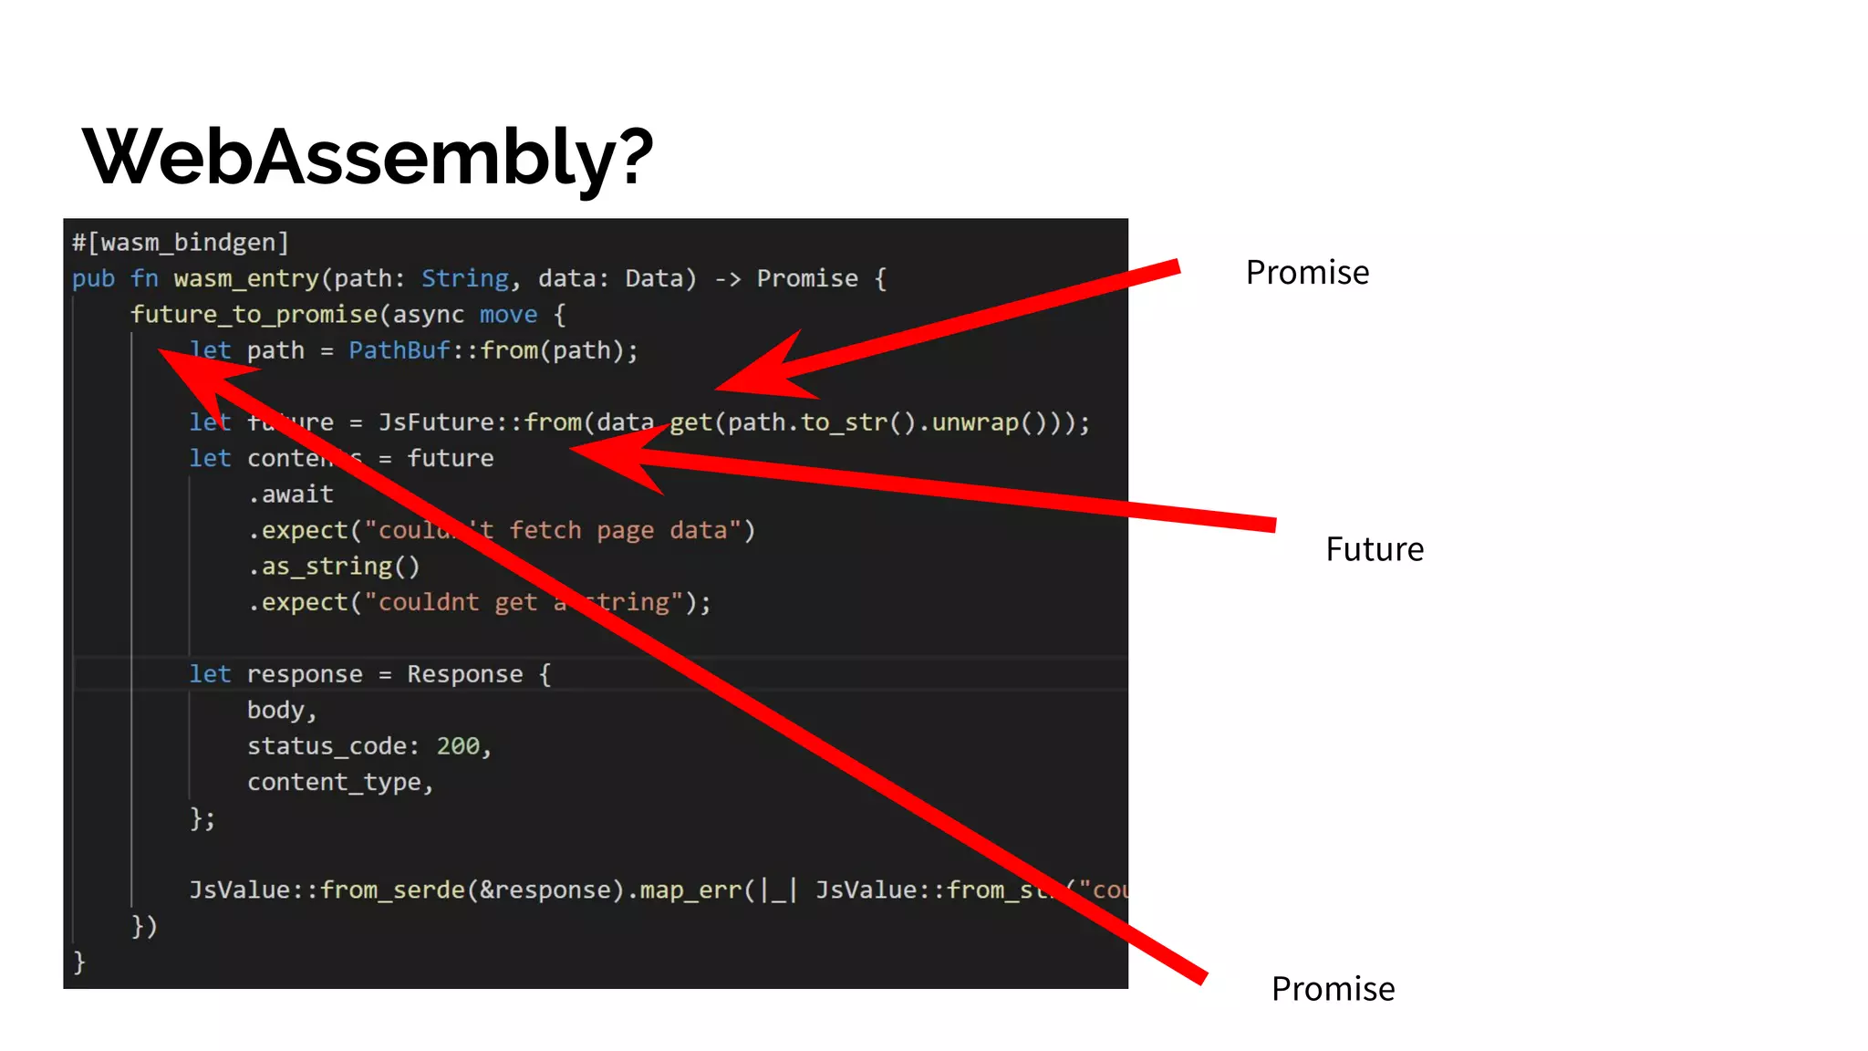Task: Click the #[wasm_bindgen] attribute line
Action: point(181,243)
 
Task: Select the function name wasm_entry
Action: point(246,278)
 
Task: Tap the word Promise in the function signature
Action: point(807,278)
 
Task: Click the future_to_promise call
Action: point(254,315)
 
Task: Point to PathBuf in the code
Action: point(400,350)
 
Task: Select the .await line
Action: point(291,494)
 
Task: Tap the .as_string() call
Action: point(334,567)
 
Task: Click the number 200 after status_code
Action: point(458,746)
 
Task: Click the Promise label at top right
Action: point(1307,273)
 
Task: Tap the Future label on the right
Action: point(1375,549)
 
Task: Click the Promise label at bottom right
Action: point(1333,989)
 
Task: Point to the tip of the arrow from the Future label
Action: point(573,449)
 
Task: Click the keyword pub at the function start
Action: point(93,278)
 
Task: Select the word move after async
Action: point(508,315)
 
